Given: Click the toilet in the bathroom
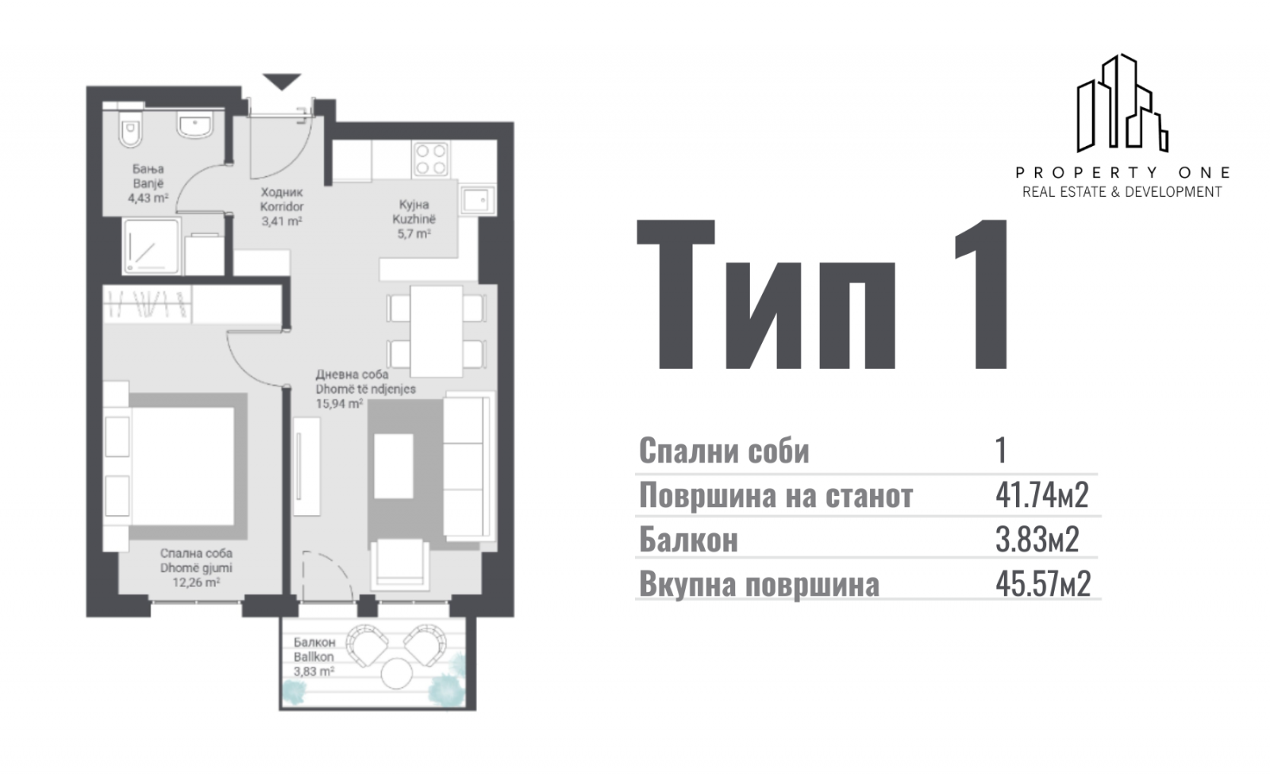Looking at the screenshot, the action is tap(131, 128).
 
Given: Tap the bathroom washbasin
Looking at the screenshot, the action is tap(195, 124).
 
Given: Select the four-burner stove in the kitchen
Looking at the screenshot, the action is tap(431, 159).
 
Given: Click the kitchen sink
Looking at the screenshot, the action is tap(477, 199).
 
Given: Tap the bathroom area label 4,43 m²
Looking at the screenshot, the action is tap(148, 198).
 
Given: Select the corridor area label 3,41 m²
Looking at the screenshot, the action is tap(282, 221).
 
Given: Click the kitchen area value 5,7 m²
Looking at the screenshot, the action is tap(414, 233).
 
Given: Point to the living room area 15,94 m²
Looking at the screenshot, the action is tap(339, 404).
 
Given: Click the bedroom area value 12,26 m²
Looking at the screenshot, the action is tap(196, 582).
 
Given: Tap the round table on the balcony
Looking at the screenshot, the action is tap(396, 674).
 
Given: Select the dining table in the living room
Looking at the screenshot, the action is tap(436, 332).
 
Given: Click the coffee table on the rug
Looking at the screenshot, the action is tap(394, 467).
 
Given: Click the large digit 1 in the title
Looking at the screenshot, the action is tap(980, 294).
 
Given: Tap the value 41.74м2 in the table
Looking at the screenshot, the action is tap(1042, 495).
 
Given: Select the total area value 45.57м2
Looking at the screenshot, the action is tap(1043, 584).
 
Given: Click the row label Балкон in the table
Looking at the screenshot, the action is tap(688, 540).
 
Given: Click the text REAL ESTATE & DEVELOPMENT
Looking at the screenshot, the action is tap(1122, 192).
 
